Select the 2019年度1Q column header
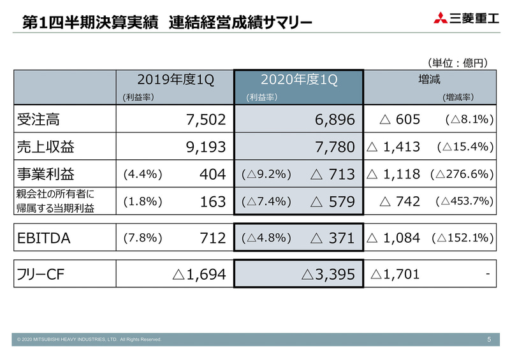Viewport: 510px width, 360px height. click(x=176, y=80)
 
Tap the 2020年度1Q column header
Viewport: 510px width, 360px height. click(x=298, y=80)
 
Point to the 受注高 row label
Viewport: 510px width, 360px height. click(x=38, y=119)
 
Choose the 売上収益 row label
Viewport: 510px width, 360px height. click(x=45, y=147)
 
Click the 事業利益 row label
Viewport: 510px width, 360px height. click(x=45, y=174)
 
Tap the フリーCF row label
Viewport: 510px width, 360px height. click(x=43, y=274)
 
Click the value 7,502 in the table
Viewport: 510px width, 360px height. click(x=205, y=119)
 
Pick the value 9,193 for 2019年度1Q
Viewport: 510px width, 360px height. click(x=205, y=147)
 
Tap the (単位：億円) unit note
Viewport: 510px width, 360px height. click(x=458, y=62)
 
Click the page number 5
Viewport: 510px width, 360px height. click(x=489, y=340)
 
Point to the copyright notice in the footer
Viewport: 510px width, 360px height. click(x=90, y=340)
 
